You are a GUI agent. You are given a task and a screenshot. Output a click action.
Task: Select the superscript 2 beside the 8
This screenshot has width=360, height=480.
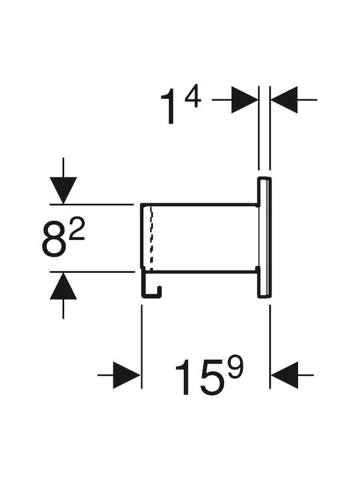(x=77, y=229)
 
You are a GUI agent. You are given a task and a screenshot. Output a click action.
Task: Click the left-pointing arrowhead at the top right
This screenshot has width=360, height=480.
(x=284, y=100)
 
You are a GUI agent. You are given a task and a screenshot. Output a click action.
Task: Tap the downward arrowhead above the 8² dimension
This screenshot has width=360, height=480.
(x=63, y=191)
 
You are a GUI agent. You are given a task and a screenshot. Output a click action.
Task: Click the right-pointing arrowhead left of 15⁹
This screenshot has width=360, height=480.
(x=127, y=375)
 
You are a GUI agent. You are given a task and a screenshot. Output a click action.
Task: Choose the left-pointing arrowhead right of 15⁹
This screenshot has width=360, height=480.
(x=285, y=375)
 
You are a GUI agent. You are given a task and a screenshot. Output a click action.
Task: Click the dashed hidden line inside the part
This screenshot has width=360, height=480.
(x=151, y=239)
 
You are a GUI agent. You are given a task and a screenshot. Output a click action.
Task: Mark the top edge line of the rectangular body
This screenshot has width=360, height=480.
(x=199, y=204)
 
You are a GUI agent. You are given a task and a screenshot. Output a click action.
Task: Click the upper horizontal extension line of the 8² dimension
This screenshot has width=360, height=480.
(x=92, y=204)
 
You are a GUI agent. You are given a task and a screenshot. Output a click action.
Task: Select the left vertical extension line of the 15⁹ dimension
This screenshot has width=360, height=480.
(x=142, y=347)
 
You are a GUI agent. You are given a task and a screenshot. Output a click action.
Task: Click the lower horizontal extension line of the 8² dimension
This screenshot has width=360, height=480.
(x=92, y=271)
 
